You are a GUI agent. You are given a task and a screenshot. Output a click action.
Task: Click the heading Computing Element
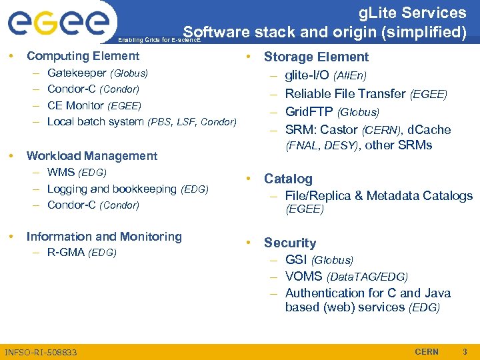pos(83,57)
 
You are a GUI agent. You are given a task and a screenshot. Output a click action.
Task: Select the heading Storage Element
pos(316,57)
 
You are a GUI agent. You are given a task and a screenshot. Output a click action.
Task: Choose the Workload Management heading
pos(92,156)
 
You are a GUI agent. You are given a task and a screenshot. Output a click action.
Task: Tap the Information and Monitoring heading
pos(104,237)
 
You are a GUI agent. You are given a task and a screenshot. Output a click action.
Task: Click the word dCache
pos(429,129)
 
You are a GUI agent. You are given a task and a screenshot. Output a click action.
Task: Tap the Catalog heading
pos(288,179)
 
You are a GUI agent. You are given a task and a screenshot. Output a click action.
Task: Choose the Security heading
pos(290,243)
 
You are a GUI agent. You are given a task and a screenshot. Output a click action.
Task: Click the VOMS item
pos(303,276)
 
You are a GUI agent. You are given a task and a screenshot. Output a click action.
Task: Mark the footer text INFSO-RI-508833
pos(41,352)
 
